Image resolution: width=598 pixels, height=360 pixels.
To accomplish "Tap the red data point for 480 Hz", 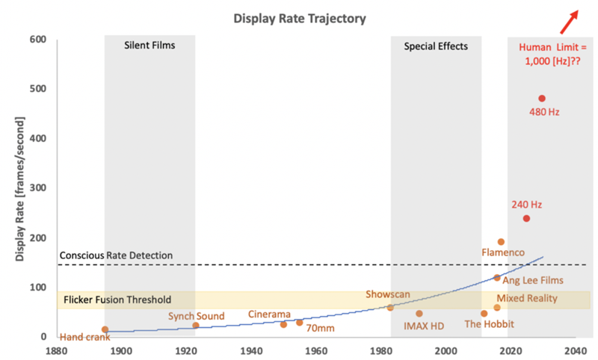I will tap(542, 99).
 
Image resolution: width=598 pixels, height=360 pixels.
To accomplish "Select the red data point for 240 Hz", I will tap(526, 218).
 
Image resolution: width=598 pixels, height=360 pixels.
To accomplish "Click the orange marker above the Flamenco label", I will tap(501, 242).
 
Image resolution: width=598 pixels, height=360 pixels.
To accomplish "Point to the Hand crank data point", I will tap(105, 329).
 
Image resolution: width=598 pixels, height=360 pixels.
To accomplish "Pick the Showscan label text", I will tap(388, 294).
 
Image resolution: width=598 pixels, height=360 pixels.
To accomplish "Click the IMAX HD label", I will tap(424, 326).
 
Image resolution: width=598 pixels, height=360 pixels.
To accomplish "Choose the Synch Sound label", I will tap(196, 316).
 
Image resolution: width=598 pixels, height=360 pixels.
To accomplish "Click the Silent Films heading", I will tap(149, 46).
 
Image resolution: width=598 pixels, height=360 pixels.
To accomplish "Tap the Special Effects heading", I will tap(436, 46).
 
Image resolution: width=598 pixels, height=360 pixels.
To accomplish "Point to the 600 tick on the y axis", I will tap(38, 40).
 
